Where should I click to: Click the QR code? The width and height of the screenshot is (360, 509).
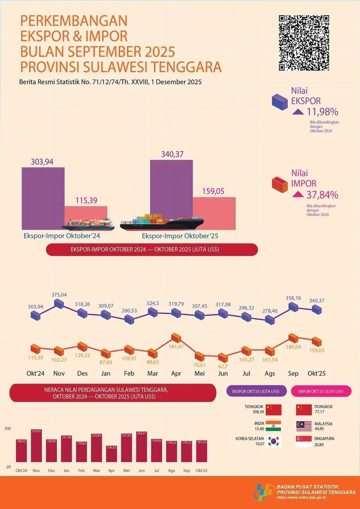[x=304, y=43]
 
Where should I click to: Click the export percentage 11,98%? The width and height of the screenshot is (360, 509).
[x=322, y=112]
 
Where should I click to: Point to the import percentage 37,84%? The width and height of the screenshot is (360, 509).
[x=322, y=195]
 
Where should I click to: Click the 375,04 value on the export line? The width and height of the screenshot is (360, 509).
[x=59, y=295]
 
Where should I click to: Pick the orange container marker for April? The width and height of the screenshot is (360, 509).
[x=176, y=338]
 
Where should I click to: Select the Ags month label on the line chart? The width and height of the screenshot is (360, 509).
[x=270, y=373]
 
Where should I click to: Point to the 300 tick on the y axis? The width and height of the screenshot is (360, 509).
[x=8, y=428]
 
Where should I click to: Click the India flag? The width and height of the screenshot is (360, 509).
[x=273, y=426]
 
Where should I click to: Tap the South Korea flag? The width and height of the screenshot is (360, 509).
[x=273, y=441]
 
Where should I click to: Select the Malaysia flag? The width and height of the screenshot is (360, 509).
[x=304, y=426]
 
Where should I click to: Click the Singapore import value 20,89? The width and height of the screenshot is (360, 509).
[x=319, y=445]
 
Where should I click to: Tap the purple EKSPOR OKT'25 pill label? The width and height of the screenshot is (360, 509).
[x=256, y=391]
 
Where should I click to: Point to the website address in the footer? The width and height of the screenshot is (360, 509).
[x=301, y=498]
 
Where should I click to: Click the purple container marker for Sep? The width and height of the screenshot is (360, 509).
[x=293, y=307]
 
